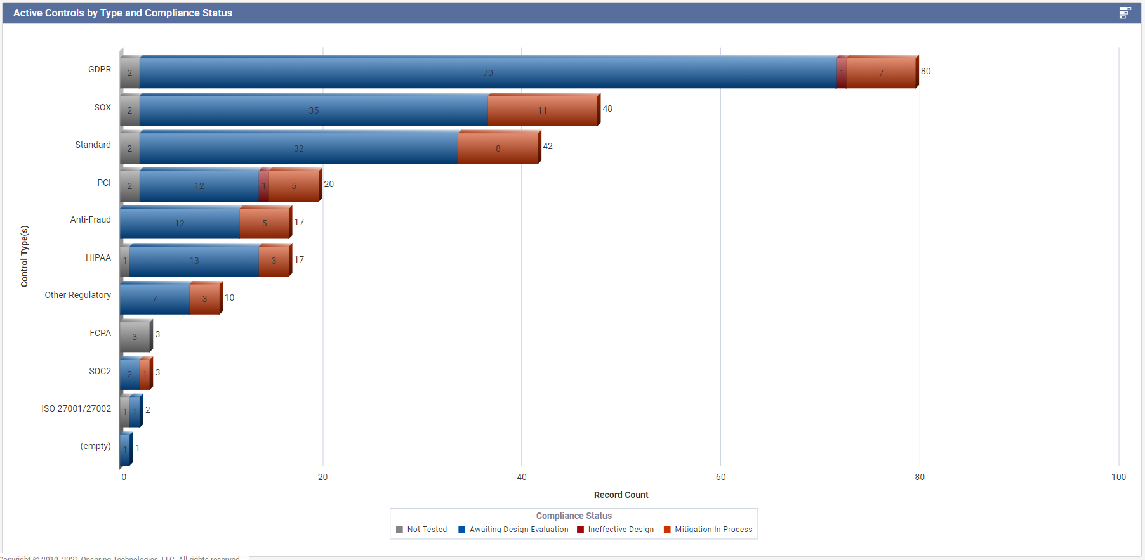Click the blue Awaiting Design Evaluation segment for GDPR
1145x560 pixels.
[487, 72]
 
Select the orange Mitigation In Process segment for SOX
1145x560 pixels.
[543, 110]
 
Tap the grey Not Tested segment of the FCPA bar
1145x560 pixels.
[135, 336]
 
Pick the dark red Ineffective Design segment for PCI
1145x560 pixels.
[263, 186]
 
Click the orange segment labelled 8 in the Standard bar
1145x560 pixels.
[498, 148]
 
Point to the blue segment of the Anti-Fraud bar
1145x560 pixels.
[180, 223]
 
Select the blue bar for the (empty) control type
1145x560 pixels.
[125, 450]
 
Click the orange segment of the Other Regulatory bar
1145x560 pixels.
[204, 299]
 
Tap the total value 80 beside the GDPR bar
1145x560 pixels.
[925, 71]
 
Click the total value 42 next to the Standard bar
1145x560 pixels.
[548, 146]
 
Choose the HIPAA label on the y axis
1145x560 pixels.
[98, 257]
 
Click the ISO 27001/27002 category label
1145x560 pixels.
[76, 408]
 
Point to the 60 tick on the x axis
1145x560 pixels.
[720, 477]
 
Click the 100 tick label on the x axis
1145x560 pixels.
[1118, 477]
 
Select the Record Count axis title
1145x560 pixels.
[621, 495]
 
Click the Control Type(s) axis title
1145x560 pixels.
[24, 256]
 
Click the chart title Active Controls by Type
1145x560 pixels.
[122, 13]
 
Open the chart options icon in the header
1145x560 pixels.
[1125, 13]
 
